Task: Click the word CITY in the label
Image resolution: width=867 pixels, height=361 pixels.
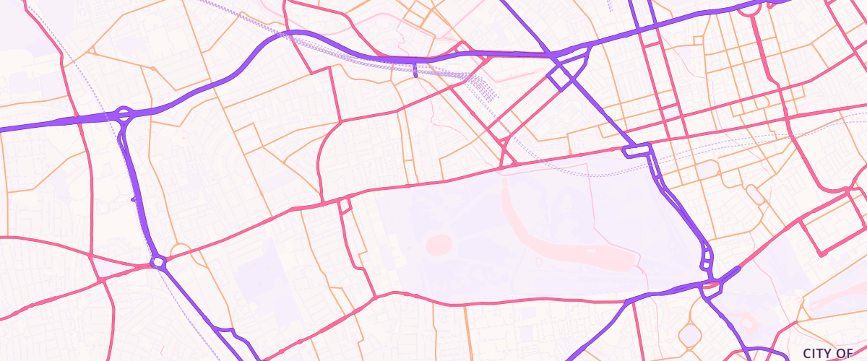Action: (818, 353)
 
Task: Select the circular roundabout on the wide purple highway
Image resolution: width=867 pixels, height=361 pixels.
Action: (124, 113)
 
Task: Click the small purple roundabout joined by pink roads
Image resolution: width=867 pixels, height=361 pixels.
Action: (159, 262)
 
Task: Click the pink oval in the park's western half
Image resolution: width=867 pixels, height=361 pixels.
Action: (439, 245)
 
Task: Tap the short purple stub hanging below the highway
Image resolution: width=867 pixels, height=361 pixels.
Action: (415, 69)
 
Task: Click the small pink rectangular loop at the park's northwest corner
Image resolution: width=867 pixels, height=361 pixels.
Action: (345, 205)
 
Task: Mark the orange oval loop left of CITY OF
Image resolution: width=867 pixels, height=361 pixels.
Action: (690, 334)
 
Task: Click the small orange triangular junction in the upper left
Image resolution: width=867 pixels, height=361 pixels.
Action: (92, 51)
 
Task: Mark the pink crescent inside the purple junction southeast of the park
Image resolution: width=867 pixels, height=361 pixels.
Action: (712, 287)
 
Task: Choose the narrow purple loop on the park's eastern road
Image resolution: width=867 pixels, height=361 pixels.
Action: (707, 256)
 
